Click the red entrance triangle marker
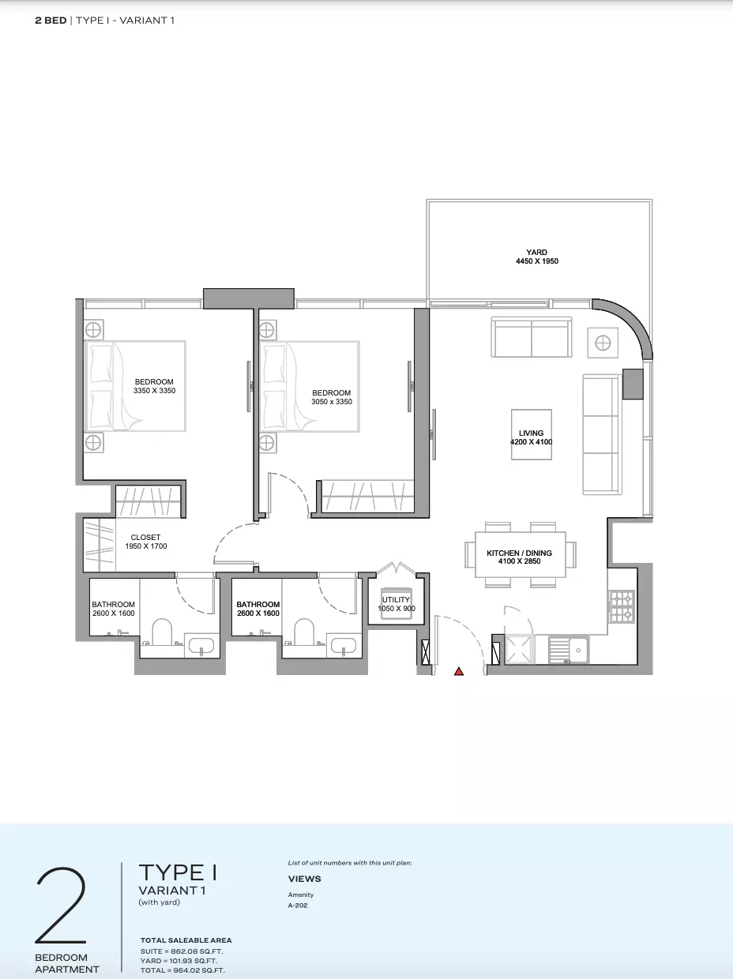(x=459, y=671)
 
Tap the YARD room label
(x=536, y=253)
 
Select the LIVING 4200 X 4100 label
(x=531, y=437)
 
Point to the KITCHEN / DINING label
(x=519, y=553)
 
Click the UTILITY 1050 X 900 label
(x=397, y=604)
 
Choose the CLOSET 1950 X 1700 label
(x=146, y=542)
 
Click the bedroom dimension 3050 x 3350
(x=332, y=401)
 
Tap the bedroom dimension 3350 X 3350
(x=154, y=390)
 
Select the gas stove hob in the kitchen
(x=622, y=606)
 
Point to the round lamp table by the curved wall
(x=603, y=343)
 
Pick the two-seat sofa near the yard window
(x=532, y=337)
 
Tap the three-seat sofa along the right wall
(x=602, y=434)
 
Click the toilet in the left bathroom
(x=162, y=632)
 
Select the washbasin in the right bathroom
(x=344, y=645)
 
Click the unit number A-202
(x=298, y=905)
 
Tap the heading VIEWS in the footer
(x=304, y=879)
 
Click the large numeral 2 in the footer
(x=60, y=906)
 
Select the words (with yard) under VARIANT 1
(x=160, y=902)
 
